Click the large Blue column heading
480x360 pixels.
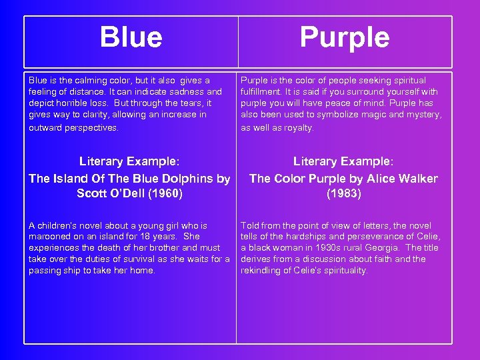pos(131,37)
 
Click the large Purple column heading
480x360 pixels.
pos(344,37)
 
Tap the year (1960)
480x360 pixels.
pos(164,194)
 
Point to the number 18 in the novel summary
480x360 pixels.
pos(139,237)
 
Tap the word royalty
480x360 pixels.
pos(295,128)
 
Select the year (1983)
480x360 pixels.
pos(344,194)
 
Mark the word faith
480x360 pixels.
pos(383,259)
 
